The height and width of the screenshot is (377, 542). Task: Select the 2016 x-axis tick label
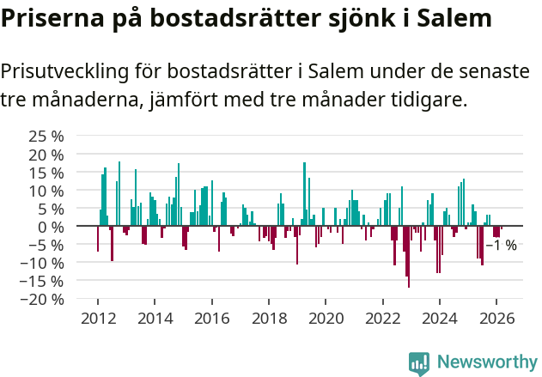coord(211,318)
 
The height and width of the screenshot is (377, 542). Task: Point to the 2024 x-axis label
coord(440,318)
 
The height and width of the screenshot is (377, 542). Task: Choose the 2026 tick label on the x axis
coord(496,318)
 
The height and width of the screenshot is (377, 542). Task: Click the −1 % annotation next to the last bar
coord(501,246)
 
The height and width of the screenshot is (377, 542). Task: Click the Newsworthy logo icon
coord(419,362)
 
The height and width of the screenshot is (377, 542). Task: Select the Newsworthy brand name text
coord(486,362)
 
